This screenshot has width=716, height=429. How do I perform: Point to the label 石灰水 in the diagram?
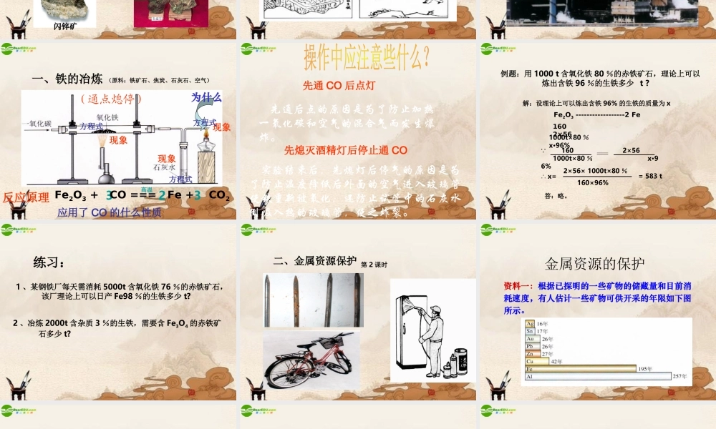point(165,167)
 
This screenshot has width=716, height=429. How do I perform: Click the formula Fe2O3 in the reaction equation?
point(71,194)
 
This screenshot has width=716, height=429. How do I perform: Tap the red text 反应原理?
point(26,197)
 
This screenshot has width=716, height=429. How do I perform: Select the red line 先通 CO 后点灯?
point(339,85)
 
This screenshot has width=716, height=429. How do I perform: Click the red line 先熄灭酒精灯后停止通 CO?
point(346,150)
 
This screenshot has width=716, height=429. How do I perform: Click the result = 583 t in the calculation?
point(649,176)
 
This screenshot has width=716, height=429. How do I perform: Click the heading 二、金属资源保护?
point(314,261)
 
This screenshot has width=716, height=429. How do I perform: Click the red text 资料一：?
point(520,285)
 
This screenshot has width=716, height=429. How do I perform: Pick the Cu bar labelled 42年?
point(538,360)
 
